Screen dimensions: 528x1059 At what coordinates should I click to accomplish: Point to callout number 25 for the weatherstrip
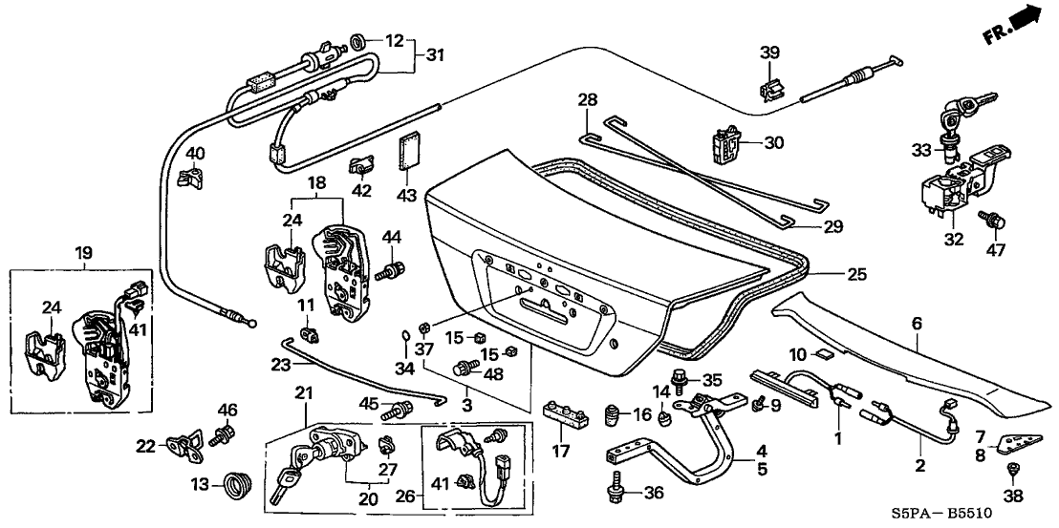point(857,273)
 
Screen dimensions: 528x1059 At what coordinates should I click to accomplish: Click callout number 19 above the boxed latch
point(83,253)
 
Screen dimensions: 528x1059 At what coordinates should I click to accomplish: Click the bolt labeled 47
point(991,221)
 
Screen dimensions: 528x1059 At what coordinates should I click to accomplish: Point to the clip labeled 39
point(770,89)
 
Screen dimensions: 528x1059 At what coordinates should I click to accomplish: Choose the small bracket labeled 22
point(183,445)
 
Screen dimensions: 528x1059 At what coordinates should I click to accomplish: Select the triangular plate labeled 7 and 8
point(1012,444)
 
